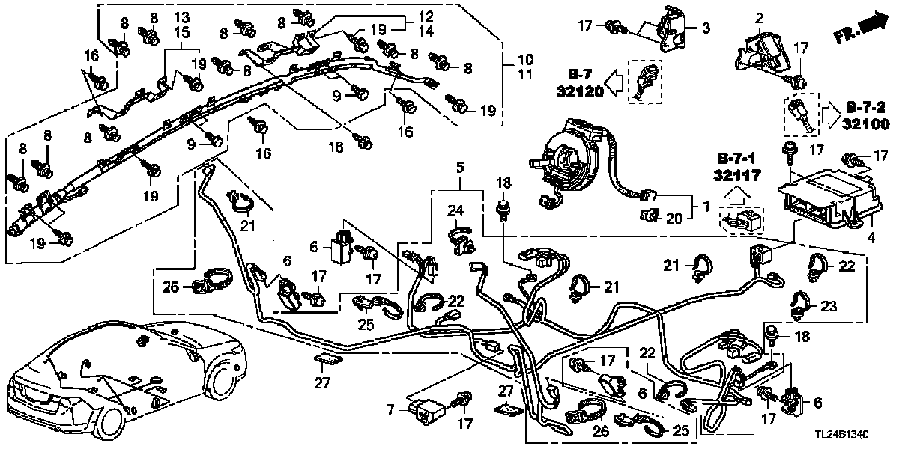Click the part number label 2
tap(759, 18)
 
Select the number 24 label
tap(457, 212)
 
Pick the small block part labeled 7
tap(429, 409)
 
